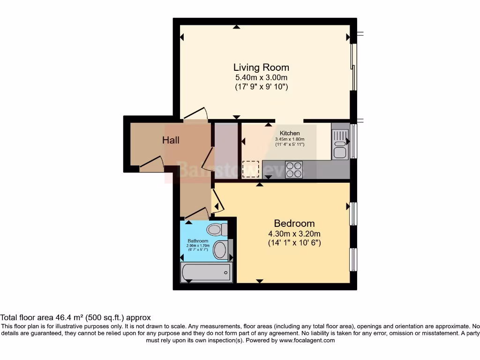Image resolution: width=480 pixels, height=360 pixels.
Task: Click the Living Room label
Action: (261, 67)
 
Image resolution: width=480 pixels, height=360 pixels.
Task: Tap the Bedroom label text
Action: (294, 223)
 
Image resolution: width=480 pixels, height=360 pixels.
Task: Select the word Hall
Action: (171, 140)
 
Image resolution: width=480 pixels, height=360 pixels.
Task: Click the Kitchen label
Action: (290, 133)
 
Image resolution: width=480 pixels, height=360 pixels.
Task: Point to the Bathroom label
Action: (197, 241)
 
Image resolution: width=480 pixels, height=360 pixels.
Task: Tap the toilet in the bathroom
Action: (217, 230)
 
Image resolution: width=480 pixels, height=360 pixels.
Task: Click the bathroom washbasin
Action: (220, 250)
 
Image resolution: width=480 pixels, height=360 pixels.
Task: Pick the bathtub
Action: (206, 272)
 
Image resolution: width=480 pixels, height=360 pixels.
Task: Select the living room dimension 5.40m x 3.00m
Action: (261, 77)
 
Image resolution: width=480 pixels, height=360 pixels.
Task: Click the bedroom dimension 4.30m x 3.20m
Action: (294, 233)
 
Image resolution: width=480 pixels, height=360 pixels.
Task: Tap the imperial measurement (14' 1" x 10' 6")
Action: (294, 243)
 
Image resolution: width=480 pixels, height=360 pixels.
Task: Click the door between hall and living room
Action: (196, 114)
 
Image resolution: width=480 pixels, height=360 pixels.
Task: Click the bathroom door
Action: (197, 213)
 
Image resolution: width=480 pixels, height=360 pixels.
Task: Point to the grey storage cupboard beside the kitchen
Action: (226, 150)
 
